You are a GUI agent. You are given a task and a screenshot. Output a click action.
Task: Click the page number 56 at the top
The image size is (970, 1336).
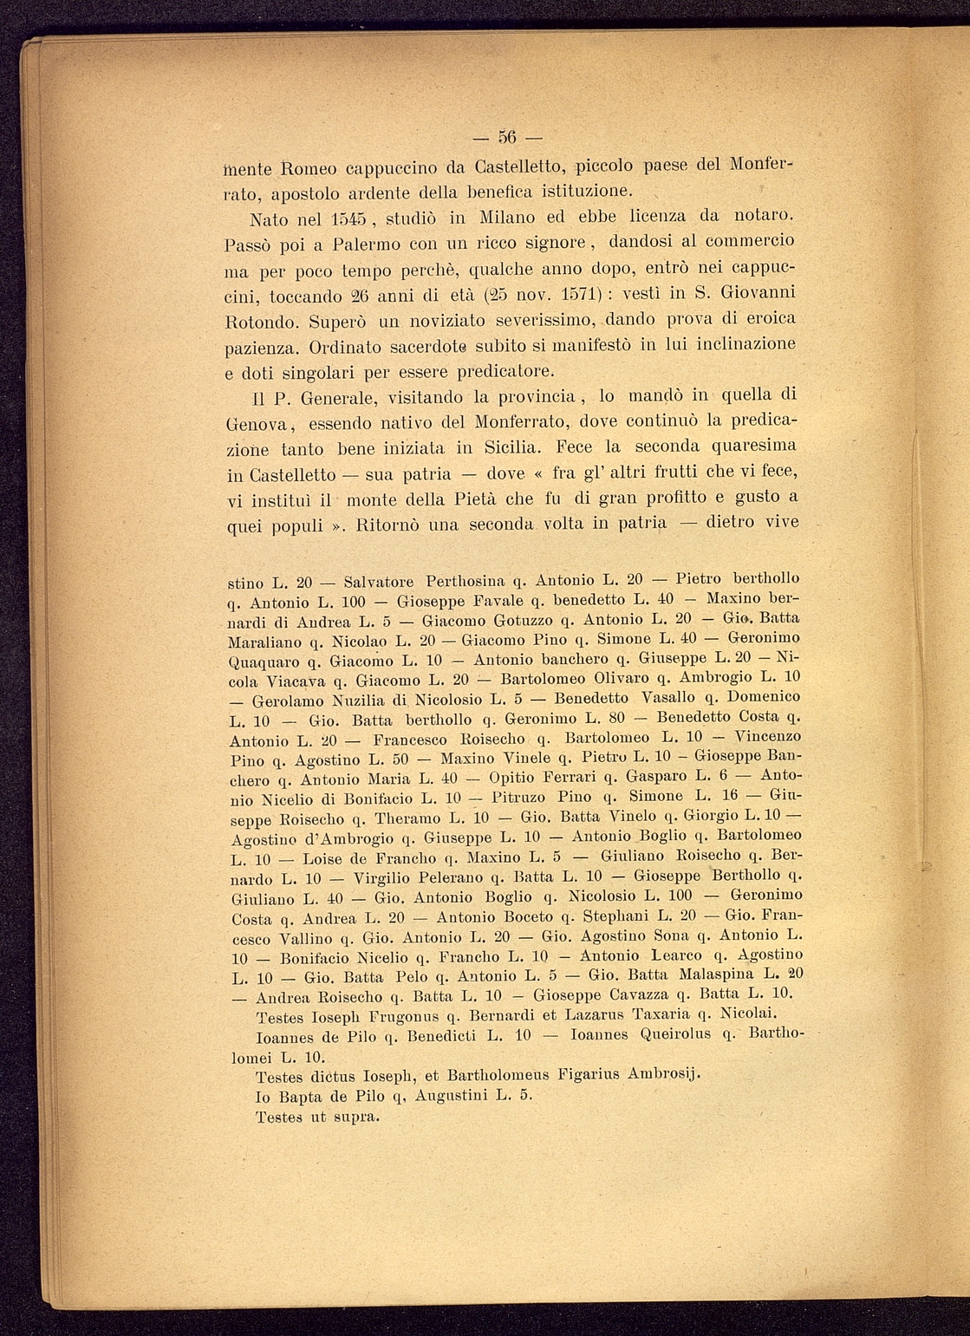click(x=507, y=138)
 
